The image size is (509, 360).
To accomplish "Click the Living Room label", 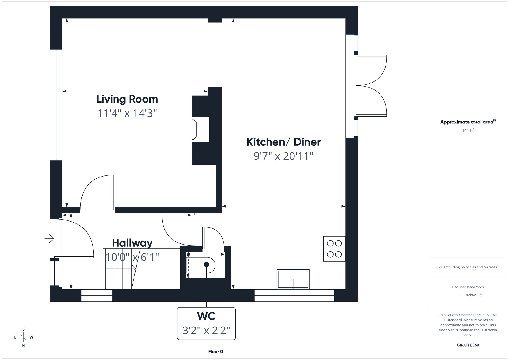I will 127,99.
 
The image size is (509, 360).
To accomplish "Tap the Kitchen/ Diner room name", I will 283,142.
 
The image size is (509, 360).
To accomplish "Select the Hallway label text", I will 132,243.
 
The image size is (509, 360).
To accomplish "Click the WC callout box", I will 206,324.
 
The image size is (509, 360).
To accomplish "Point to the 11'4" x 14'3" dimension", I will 127,113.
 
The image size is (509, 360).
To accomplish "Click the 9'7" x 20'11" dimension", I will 283,156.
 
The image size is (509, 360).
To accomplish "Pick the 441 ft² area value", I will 468,130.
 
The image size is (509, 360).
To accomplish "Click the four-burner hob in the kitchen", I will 334,249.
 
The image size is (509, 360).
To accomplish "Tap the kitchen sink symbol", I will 293,279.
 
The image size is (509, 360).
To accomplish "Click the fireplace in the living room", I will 200,129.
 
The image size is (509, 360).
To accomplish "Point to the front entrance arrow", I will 50,238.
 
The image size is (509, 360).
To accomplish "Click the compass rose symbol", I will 24,337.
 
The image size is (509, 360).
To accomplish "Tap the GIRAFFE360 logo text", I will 468,345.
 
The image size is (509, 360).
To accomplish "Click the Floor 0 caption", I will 215,352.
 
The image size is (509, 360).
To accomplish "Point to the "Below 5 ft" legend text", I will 474,295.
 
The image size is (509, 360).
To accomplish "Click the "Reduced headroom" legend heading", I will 468,287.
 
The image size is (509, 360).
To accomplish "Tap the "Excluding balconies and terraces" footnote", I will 468,267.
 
